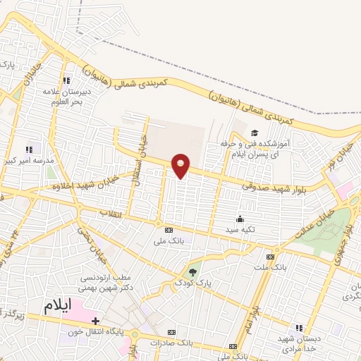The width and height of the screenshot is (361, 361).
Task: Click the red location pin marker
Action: coord(181,165)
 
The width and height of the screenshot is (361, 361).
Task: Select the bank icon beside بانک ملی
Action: coord(168,231)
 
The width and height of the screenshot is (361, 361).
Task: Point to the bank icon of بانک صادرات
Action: coord(169,331)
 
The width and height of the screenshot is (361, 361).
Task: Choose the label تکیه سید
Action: coord(240,230)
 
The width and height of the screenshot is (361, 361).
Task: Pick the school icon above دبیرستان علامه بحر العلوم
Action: coord(68,80)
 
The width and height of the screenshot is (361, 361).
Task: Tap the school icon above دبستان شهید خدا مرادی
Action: coord(298,328)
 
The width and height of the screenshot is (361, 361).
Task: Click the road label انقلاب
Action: coord(112,212)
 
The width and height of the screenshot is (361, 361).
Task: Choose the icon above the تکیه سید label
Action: coord(240,219)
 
